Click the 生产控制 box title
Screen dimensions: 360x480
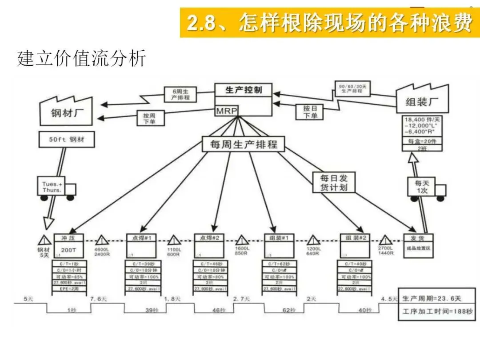pos(244,90)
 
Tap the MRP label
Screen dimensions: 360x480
pos(227,110)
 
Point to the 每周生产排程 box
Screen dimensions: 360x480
pos(243,144)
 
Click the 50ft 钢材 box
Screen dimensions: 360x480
pos(66,140)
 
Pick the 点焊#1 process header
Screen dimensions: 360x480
pos(141,238)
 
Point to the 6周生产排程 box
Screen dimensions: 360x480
pos(177,94)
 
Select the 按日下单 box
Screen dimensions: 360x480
pos(310,112)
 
